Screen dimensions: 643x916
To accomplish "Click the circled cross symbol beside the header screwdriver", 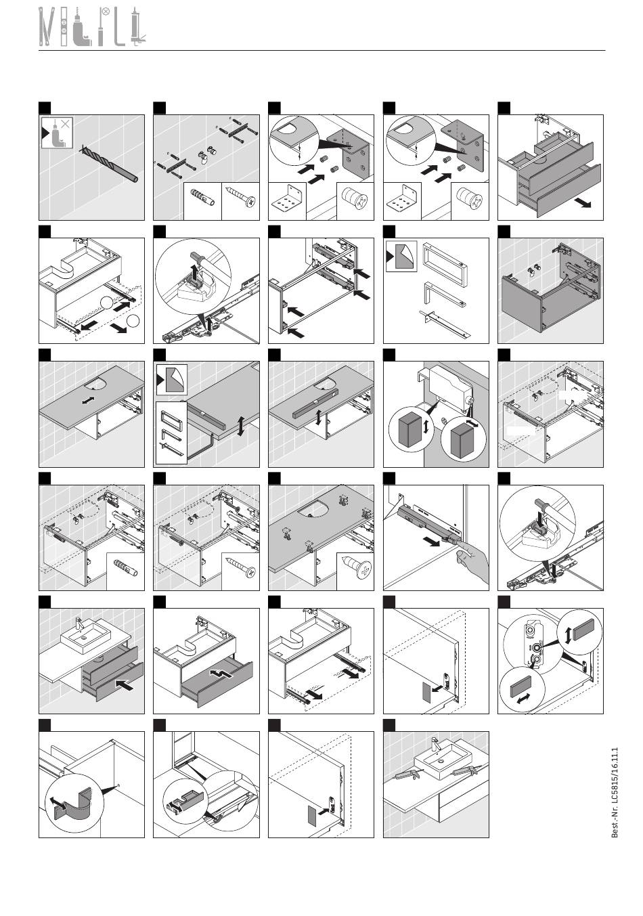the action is (105, 12).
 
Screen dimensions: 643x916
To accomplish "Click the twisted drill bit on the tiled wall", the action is (110, 163).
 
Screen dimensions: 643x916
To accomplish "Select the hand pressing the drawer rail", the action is (474, 563).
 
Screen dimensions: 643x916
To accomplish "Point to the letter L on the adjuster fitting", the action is (529, 661).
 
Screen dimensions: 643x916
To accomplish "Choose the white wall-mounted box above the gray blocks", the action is (449, 385).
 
